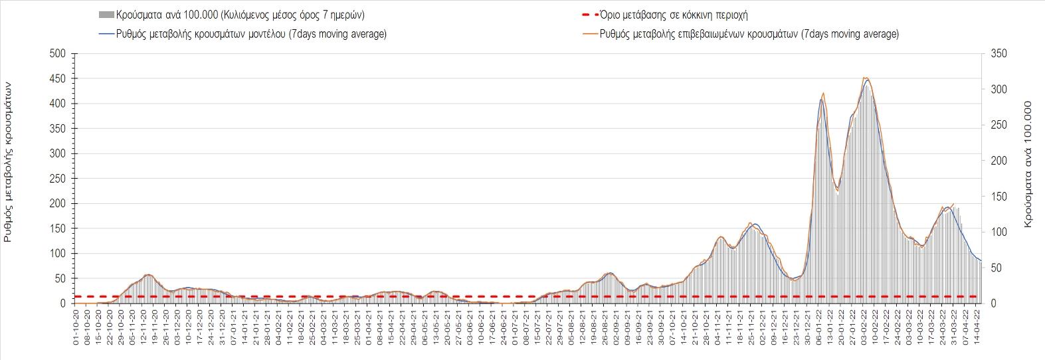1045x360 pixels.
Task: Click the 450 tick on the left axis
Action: [x=58, y=79]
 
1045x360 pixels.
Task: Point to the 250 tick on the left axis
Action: [x=58, y=179]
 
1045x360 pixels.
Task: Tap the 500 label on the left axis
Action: [x=58, y=54]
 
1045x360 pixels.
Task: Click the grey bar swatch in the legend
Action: [x=106, y=15]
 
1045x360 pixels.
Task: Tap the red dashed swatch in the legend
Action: [x=588, y=15]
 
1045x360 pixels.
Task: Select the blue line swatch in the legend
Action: [x=106, y=34]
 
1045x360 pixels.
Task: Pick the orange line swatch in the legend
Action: [x=588, y=34]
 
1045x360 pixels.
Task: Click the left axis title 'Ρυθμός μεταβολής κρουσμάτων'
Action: [x=9, y=162]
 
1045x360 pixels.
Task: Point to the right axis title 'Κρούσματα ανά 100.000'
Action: [x=1028, y=165]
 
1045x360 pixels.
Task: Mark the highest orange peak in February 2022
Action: [x=865, y=77]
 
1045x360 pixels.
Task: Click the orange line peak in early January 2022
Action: [x=823, y=93]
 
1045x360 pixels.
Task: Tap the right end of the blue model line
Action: [x=981, y=260]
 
